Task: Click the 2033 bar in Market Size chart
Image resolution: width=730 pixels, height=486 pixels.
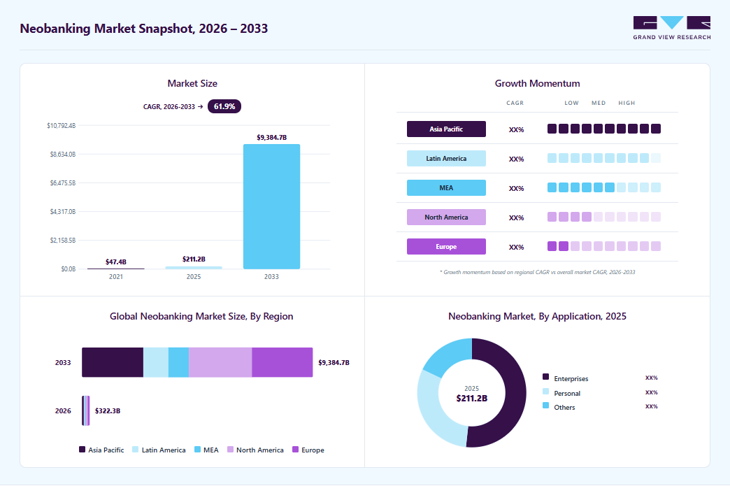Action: point(271,206)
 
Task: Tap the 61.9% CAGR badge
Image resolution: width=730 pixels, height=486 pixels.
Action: point(224,106)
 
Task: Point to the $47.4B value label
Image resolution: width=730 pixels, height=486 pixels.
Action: point(116,262)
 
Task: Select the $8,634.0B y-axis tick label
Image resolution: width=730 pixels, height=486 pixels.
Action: point(63,154)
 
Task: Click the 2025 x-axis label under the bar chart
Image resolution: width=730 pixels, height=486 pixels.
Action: point(194,276)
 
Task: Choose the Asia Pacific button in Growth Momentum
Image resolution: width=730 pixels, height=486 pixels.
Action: point(446,129)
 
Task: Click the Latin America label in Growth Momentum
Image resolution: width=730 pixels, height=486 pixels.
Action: point(446,158)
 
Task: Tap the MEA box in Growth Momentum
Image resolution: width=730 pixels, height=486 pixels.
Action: point(446,187)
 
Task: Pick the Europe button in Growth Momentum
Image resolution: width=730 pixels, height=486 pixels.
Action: point(446,246)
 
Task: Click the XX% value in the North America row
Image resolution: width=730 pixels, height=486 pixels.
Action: point(516,217)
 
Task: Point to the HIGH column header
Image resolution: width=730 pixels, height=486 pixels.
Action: point(627,103)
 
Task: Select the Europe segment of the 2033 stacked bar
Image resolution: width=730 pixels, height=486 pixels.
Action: point(282,362)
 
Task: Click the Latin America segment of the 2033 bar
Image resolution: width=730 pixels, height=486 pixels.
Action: point(155,362)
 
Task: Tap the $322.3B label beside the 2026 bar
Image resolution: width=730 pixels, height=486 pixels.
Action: point(108,411)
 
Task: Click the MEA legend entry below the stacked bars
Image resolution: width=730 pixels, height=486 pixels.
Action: point(206,450)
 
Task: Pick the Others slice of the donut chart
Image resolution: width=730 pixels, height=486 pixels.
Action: point(447,356)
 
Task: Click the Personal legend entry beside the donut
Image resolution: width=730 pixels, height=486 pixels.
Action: point(561,393)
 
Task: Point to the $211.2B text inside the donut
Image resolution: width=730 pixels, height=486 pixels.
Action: point(471,399)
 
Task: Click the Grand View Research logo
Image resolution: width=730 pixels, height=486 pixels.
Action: point(672,28)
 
